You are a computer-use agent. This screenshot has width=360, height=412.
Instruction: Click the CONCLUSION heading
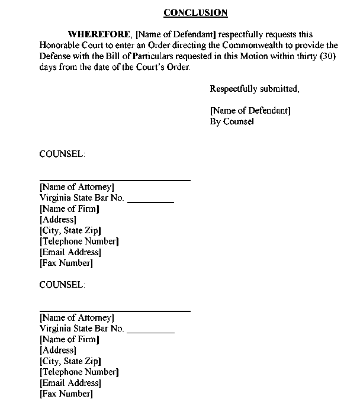[x=195, y=12]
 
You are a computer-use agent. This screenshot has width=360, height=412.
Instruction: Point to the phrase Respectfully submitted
[x=255, y=89]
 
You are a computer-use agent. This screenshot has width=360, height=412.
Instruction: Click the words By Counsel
[x=232, y=121]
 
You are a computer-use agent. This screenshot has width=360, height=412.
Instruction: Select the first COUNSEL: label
[x=62, y=154]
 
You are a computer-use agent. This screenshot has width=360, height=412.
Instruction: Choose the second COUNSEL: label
[x=62, y=285]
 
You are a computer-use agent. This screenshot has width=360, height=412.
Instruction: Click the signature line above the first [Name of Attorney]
[x=115, y=180]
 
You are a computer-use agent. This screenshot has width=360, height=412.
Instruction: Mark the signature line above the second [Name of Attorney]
[x=115, y=311]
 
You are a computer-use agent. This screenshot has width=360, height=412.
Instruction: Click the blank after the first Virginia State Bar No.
[x=150, y=202]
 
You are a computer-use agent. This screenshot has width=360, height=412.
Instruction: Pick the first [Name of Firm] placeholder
[x=69, y=208]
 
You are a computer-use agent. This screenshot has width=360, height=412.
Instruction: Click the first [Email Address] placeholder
[x=70, y=252]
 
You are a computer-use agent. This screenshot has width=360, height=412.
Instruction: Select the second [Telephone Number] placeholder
[x=79, y=372]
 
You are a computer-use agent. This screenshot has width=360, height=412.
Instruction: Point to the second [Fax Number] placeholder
[x=66, y=394]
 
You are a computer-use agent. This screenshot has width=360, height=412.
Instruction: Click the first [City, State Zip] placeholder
[x=70, y=230]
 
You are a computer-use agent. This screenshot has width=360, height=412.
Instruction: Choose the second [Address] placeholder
[x=57, y=350]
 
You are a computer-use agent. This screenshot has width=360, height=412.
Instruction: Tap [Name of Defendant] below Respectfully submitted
[x=250, y=111]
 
